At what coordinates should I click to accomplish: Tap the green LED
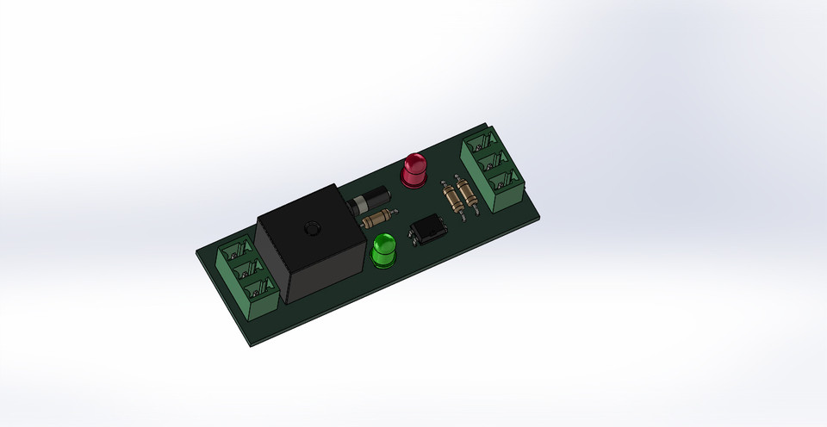pyautogui.click(x=383, y=251)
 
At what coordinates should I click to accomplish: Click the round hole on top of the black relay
pyautogui.click(x=310, y=229)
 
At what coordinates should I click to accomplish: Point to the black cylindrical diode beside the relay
pyautogui.click(x=365, y=201)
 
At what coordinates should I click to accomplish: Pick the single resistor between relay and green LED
pyautogui.click(x=380, y=220)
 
